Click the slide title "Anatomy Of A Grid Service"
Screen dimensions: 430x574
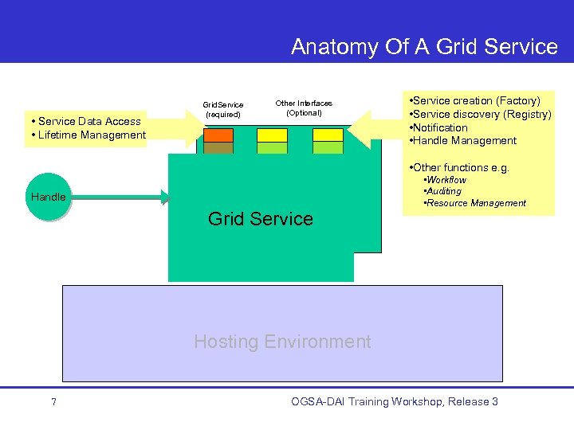click(x=424, y=47)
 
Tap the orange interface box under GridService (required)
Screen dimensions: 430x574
click(x=218, y=135)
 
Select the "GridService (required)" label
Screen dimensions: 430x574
click(x=223, y=109)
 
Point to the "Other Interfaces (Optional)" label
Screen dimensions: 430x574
click(x=304, y=107)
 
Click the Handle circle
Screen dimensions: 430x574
click(x=49, y=197)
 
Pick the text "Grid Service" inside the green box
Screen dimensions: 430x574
click(x=261, y=219)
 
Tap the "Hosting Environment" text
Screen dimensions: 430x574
click(x=282, y=342)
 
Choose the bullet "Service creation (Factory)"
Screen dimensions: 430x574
click(x=475, y=100)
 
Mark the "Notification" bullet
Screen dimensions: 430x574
click(x=439, y=127)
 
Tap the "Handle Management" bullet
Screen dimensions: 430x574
click(x=464, y=141)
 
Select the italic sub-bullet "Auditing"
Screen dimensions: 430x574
click(x=445, y=191)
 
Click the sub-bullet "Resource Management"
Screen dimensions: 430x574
click(x=477, y=203)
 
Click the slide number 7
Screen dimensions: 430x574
click(x=53, y=402)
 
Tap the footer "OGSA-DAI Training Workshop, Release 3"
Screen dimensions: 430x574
click(x=395, y=401)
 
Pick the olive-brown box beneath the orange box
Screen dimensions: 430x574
click(x=218, y=148)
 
